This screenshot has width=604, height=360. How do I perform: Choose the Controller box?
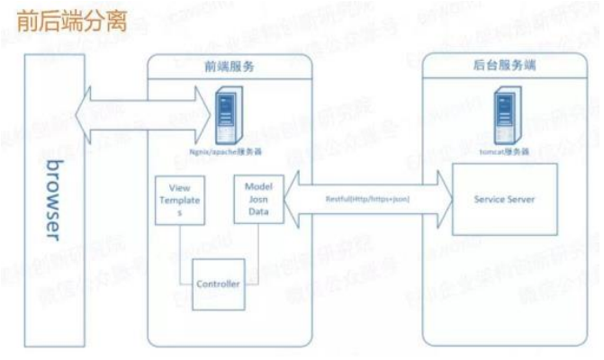[x=219, y=283]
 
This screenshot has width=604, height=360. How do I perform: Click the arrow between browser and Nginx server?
[x=145, y=113]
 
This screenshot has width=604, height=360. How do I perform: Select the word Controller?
[x=219, y=284]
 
